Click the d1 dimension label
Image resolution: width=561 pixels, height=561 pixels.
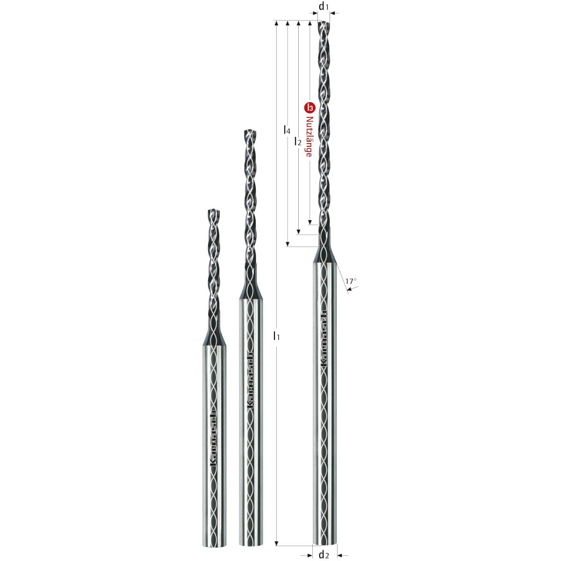click(323, 7)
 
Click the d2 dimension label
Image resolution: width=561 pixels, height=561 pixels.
click(324, 554)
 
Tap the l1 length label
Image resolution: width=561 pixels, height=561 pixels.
click(276, 336)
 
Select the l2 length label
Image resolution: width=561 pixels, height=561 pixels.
click(297, 142)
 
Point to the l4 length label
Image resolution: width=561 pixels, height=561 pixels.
click(287, 129)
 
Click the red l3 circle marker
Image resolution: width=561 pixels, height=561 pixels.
click(309, 108)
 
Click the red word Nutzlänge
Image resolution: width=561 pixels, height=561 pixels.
click(309, 137)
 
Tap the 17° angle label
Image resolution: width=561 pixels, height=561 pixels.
click(351, 281)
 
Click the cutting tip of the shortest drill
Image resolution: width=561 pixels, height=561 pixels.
click(214, 210)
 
